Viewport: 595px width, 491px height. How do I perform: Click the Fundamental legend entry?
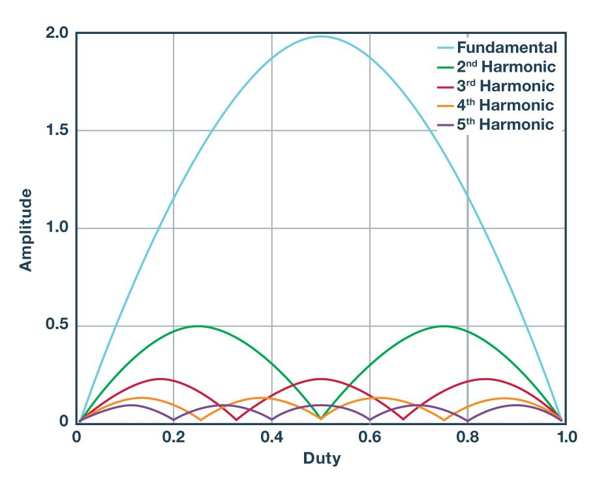[x=506, y=48]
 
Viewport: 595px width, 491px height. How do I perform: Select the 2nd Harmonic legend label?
[x=506, y=67]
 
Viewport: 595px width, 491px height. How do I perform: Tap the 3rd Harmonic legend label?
[x=505, y=86]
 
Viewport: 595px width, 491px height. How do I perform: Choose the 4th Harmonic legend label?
[x=505, y=105]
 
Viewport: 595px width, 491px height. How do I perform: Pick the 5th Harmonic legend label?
[x=505, y=125]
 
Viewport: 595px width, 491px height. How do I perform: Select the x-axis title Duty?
[x=322, y=458]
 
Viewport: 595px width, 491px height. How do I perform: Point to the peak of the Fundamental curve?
[x=321, y=36]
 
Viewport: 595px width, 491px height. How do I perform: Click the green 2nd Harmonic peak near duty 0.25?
[x=198, y=326]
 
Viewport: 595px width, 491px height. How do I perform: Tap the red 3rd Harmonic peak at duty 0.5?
[x=320, y=379]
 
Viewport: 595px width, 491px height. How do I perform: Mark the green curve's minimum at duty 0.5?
[x=321, y=417]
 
